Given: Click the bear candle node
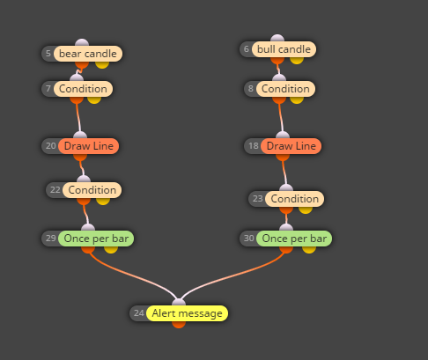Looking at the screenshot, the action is pyautogui.click(x=88, y=54).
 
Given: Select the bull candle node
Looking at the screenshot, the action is pyautogui.click(x=284, y=49).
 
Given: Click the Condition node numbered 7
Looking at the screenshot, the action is pyautogui.click(x=83, y=89).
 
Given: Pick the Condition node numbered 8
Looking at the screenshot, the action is pyautogui.click(x=285, y=89).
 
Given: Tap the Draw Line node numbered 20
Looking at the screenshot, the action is pyautogui.click(x=89, y=146).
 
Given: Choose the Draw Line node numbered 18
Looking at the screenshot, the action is pyautogui.click(x=291, y=146).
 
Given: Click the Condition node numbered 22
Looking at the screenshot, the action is pyautogui.click(x=92, y=190).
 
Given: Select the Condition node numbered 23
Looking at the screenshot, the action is pyautogui.click(x=295, y=199).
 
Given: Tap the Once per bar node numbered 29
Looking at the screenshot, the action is pyautogui.click(x=96, y=239).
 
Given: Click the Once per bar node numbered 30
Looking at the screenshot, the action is pyautogui.click(x=294, y=239).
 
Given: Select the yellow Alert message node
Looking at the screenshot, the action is pyautogui.click(x=187, y=313).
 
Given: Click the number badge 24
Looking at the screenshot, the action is pyautogui.click(x=138, y=313).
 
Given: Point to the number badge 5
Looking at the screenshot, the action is pyautogui.click(x=48, y=54).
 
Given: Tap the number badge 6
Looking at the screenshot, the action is pyautogui.click(x=247, y=49).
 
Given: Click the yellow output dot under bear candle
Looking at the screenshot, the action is pyautogui.click(x=102, y=64).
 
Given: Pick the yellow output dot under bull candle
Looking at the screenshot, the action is pyautogui.click(x=297, y=60).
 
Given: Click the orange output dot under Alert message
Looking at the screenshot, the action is pyautogui.click(x=179, y=325).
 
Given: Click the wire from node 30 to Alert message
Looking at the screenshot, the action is pyautogui.click(x=232, y=275).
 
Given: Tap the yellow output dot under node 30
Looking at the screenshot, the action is pyautogui.click(x=309, y=250).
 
